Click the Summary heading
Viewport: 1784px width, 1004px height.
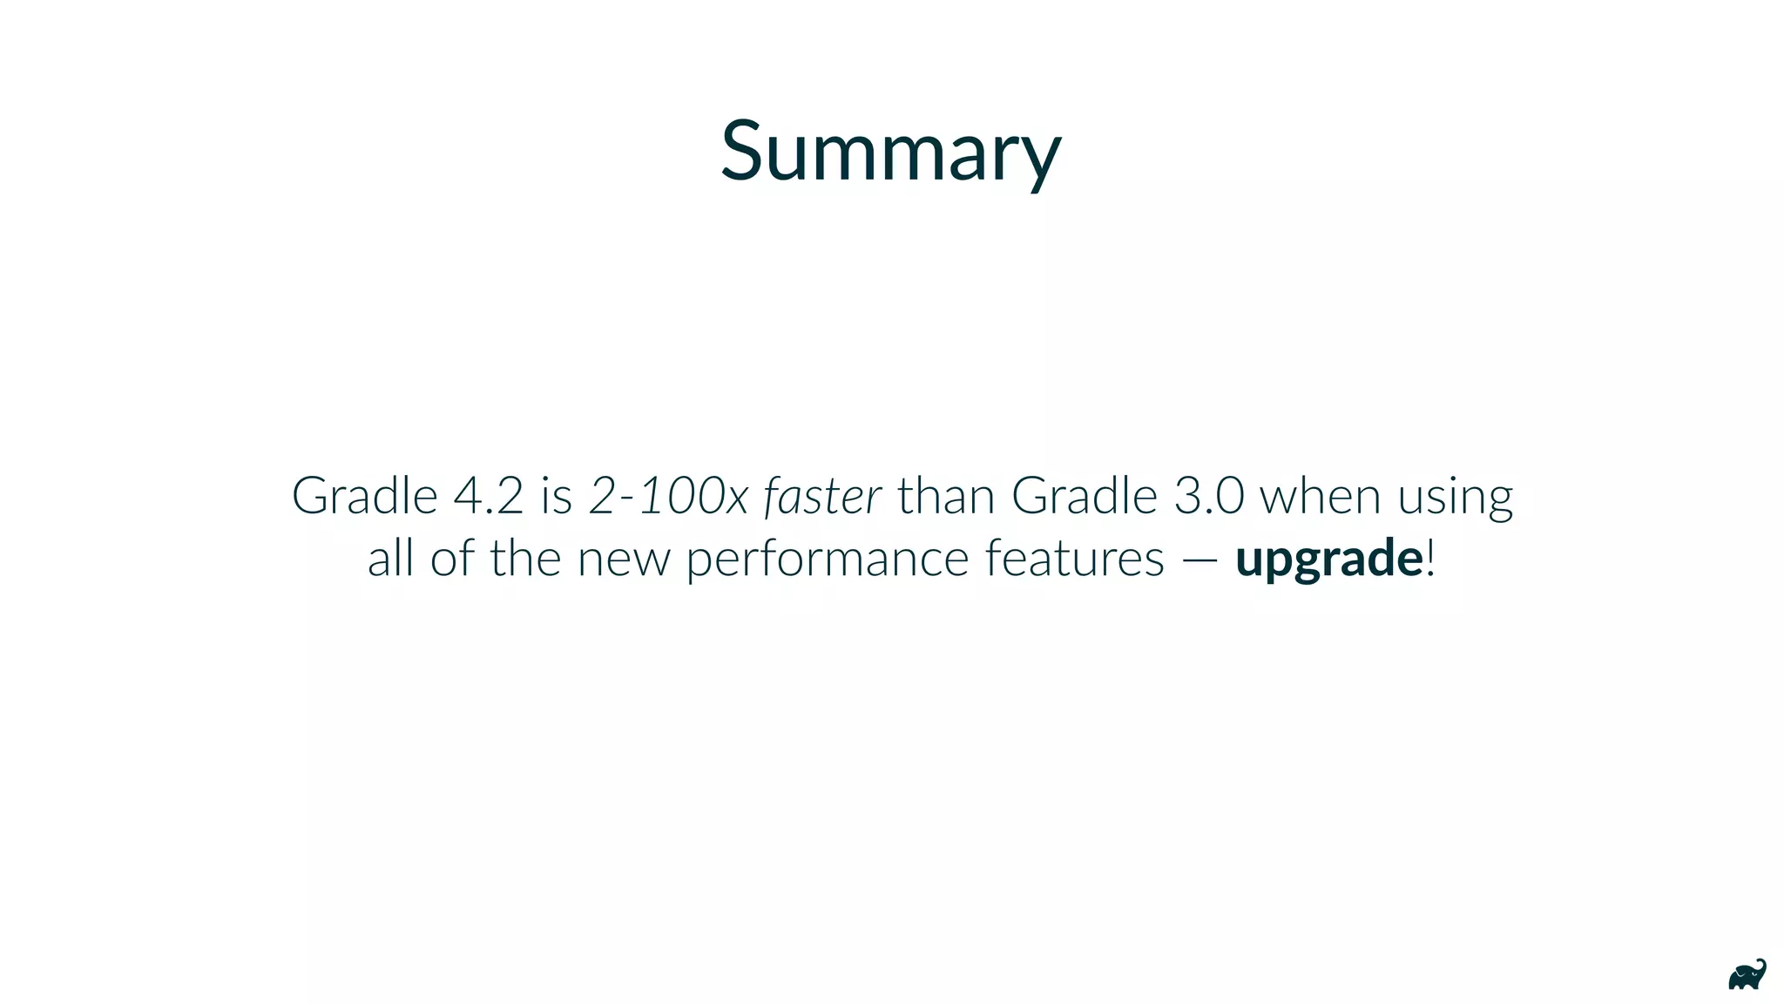click(890, 152)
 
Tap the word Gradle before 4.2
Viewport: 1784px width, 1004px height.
click(364, 496)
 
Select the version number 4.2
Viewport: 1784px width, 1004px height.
click(488, 496)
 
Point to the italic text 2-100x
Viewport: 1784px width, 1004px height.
click(668, 496)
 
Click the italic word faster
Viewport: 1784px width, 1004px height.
click(822, 496)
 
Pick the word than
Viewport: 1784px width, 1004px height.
click(946, 496)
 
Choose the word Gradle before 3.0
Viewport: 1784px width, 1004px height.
click(1084, 496)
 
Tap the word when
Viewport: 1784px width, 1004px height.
click(1321, 496)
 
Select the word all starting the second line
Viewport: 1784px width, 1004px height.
click(389, 558)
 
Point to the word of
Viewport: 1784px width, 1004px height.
click(452, 558)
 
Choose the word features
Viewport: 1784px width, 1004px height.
click(1074, 558)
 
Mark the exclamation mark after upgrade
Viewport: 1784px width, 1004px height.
click(1429, 558)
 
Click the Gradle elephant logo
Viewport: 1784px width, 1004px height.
click(1747, 975)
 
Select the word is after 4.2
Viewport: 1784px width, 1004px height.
click(556, 496)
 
